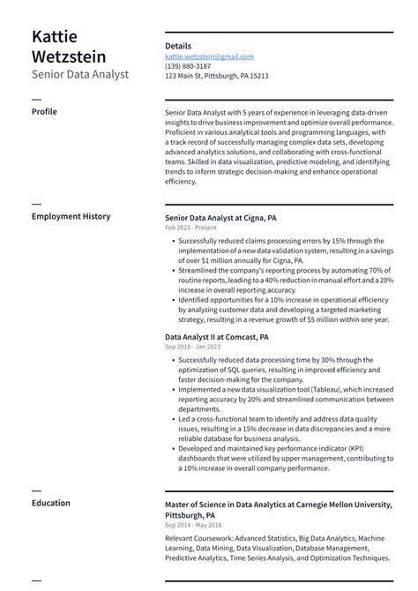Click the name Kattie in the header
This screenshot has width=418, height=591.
coord(55,37)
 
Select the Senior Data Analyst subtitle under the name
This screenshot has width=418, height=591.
coord(80,75)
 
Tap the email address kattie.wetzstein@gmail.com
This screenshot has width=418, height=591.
coord(209,56)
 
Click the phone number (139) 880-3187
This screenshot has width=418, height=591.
coord(188,66)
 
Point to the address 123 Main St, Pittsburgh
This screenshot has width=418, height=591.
coord(216,76)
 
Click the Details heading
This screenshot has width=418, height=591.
coord(178,45)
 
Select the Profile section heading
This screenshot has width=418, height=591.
coord(44,112)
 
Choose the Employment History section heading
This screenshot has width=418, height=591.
coord(71,216)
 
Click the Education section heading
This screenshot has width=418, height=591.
coord(50,503)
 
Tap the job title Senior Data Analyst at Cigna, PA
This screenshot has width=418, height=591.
coord(220,217)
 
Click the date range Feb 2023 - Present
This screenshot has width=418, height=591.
coord(190,228)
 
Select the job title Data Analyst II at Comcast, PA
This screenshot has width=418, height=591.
coord(217,337)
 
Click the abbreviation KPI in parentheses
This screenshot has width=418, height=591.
coord(377,448)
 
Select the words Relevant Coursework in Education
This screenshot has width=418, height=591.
coord(198,538)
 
